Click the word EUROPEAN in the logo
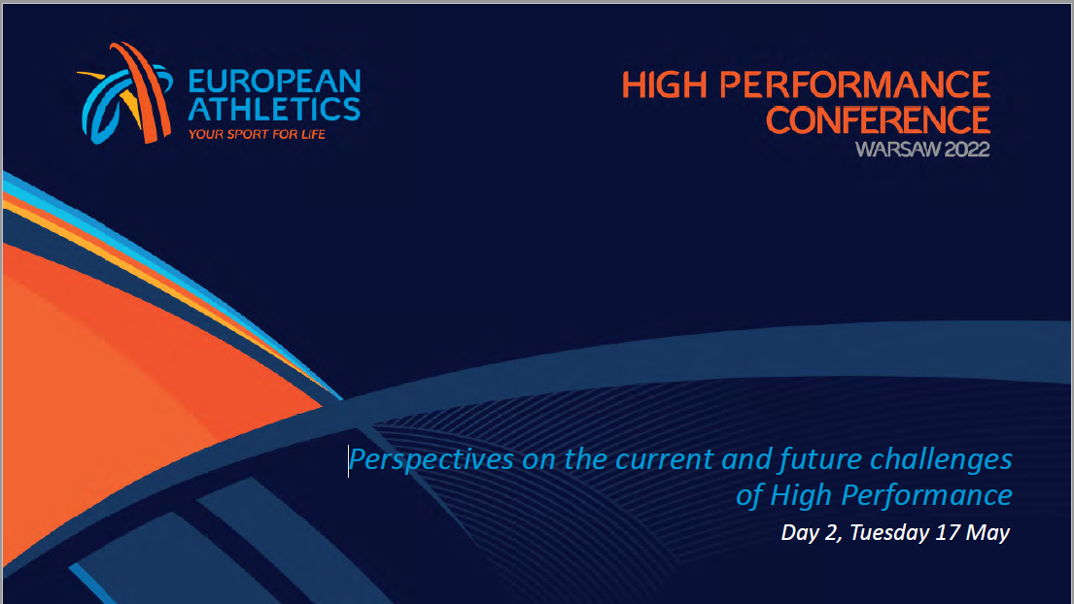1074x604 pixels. pos(274,81)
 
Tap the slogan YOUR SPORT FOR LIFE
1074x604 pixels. pos(257,134)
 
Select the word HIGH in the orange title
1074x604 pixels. pos(665,85)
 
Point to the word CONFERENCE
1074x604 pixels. pos(878,119)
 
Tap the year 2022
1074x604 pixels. pos(966,150)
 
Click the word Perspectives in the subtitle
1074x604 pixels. pos(432,459)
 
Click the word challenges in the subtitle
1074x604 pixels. pos(941,459)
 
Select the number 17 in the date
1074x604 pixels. pos(947,532)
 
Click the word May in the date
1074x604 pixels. pos(987,533)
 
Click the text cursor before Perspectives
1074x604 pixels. pos(348,460)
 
